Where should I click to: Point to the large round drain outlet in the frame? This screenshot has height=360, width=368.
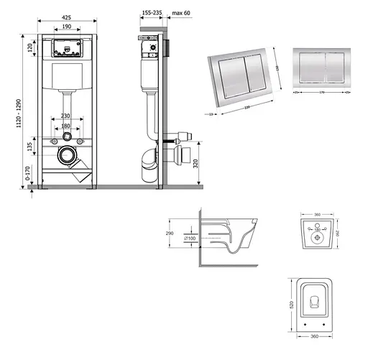(67, 154)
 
